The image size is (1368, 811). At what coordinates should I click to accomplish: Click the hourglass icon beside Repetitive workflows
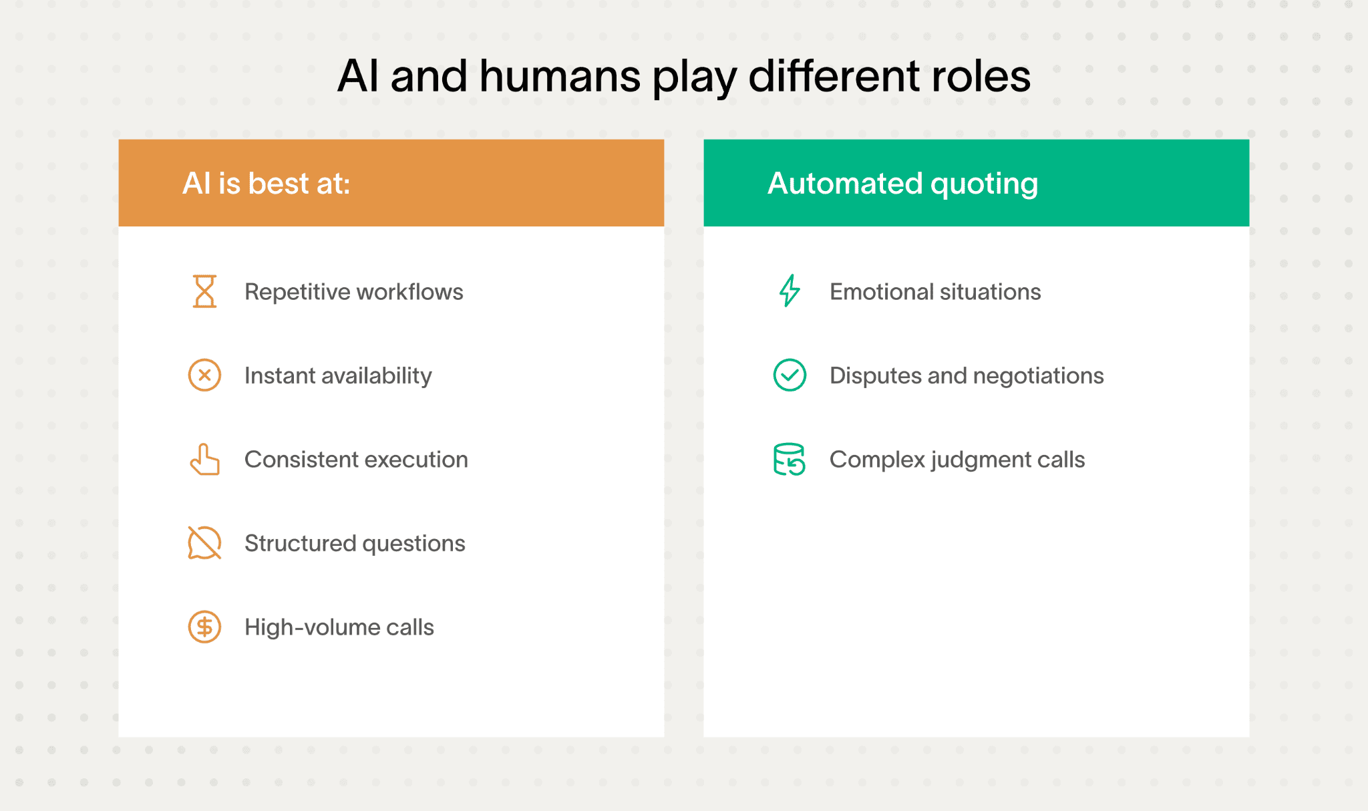pyautogui.click(x=204, y=291)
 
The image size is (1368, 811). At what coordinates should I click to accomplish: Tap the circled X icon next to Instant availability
pyautogui.click(x=204, y=375)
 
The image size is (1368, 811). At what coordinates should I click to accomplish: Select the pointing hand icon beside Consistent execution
pyautogui.click(x=204, y=460)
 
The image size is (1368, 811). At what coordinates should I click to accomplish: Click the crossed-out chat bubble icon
pyautogui.click(x=204, y=542)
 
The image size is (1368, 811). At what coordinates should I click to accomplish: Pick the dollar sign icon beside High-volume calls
pyautogui.click(x=204, y=627)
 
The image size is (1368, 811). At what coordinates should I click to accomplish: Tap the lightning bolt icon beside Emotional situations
pyautogui.click(x=790, y=291)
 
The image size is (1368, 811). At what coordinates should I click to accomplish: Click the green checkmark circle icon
pyautogui.click(x=790, y=375)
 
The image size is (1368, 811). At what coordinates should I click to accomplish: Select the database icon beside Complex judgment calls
pyautogui.click(x=789, y=460)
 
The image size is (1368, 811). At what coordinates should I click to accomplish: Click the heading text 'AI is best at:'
pyautogui.click(x=266, y=183)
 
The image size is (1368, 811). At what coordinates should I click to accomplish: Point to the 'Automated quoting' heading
pyautogui.click(x=902, y=183)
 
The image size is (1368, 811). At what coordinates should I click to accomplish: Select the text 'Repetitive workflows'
pyautogui.click(x=353, y=292)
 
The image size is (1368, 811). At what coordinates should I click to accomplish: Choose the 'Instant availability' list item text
pyautogui.click(x=338, y=375)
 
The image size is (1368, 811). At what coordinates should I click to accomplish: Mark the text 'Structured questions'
pyautogui.click(x=355, y=543)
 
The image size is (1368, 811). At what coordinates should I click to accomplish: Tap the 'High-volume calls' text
pyautogui.click(x=339, y=627)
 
